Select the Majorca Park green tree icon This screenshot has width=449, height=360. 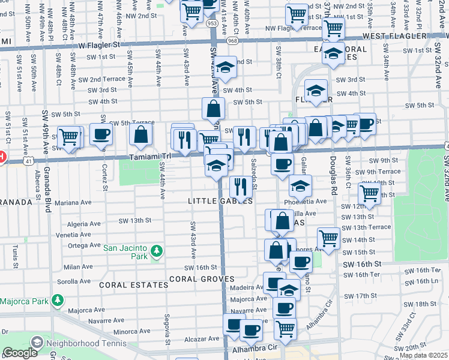coord(57,299)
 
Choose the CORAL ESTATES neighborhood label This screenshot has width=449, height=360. coord(134,284)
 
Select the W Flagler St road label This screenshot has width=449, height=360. coord(98,44)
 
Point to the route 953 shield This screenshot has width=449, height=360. coord(212,23)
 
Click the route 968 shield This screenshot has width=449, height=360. coord(233,41)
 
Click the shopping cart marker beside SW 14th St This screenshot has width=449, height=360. coord(328,238)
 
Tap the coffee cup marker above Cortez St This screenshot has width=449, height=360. coord(101,134)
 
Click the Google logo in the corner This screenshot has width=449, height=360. coord(20,353)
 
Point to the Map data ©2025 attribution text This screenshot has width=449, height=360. coord(423,355)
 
